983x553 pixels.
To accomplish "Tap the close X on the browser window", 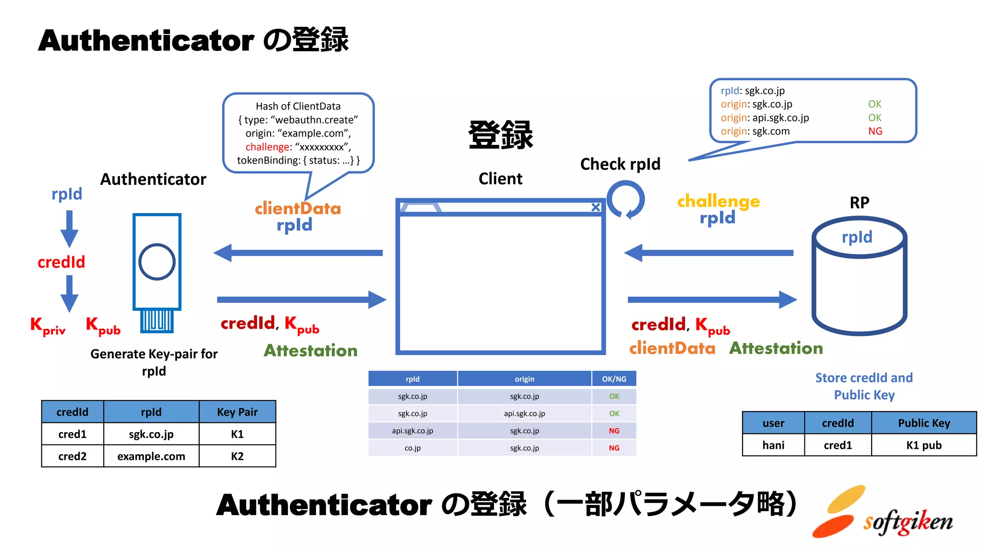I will pos(596,207).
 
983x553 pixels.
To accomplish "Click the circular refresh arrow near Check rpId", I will pos(625,199).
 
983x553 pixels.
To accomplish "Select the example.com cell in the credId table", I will pos(151,456).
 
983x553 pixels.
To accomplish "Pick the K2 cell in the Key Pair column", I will pos(237,456).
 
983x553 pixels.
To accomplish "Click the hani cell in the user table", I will pos(773,445).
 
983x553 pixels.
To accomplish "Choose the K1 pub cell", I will pos(923,445).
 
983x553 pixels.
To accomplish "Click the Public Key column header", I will pos(923,423).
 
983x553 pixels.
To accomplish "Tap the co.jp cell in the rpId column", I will pos(412,448).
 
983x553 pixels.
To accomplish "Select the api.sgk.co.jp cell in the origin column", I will pos(524,413).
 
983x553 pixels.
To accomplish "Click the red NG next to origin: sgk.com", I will pos(875,131).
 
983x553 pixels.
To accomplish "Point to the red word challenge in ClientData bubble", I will pos(267,147).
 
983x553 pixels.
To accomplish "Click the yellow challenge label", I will pos(718,201).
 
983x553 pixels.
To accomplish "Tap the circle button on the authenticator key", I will pos(156,262).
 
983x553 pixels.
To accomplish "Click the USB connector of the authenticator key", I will pos(156,321).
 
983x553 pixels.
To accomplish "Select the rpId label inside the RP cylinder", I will pos(857,237).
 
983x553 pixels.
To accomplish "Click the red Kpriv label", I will pos(48,326).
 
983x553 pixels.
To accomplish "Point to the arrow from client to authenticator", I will pos(298,252).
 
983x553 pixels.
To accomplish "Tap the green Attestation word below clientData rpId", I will pos(311,350).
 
